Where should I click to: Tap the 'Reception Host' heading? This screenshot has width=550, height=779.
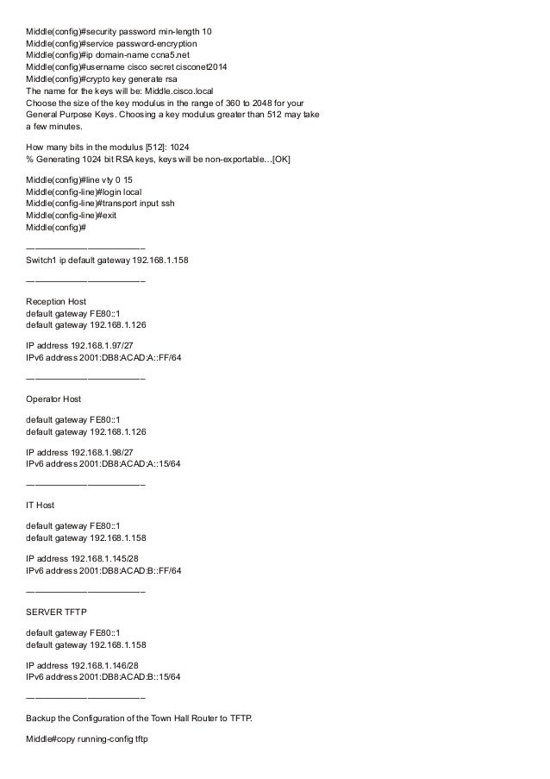coord(56,301)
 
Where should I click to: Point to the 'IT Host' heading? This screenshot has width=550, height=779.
coord(41,504)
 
